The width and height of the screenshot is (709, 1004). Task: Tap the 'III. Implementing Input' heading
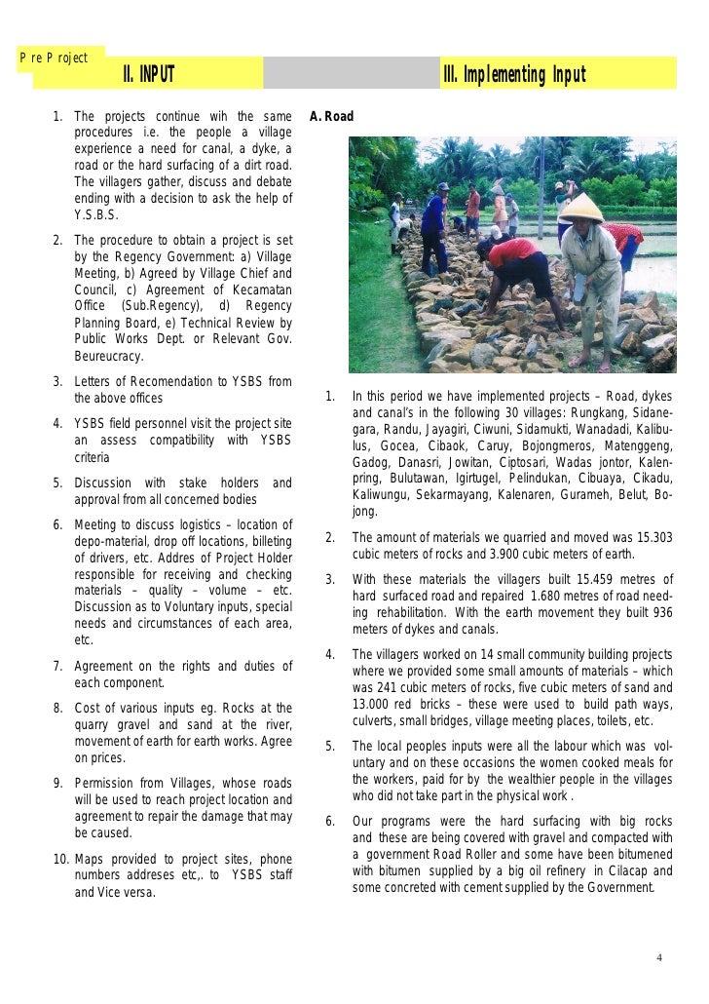[513, 75]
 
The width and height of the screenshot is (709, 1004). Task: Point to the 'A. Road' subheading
[331, 117]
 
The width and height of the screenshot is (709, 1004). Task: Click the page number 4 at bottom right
[659, 956]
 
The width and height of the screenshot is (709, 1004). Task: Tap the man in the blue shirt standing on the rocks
[434, 232]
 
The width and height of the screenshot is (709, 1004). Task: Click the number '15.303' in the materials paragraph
[649, 538]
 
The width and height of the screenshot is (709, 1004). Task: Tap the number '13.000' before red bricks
[373, 705]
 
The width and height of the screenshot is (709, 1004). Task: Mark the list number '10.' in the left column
[59, 859]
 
